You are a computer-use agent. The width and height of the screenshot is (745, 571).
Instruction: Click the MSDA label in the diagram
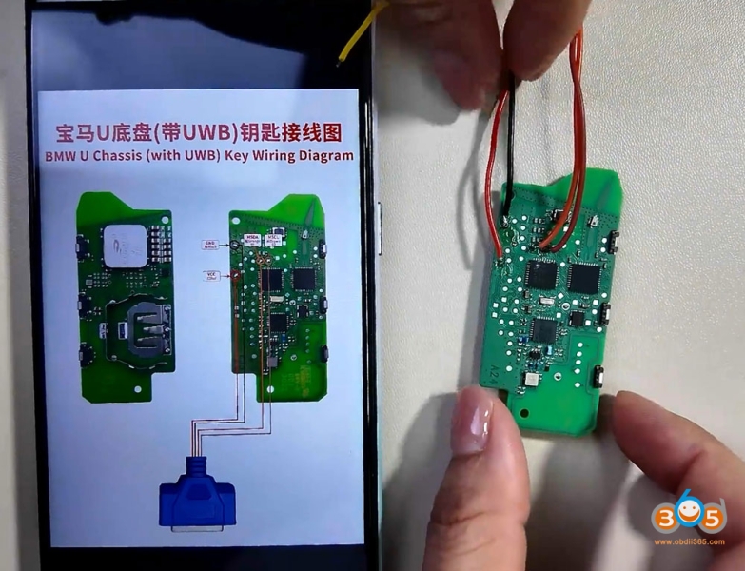(x=252, y=237)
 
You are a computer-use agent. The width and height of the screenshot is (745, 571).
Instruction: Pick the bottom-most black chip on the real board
(x=544, y=332)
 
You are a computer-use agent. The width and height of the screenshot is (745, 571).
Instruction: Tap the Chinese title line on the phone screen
(x=200, y=131)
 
